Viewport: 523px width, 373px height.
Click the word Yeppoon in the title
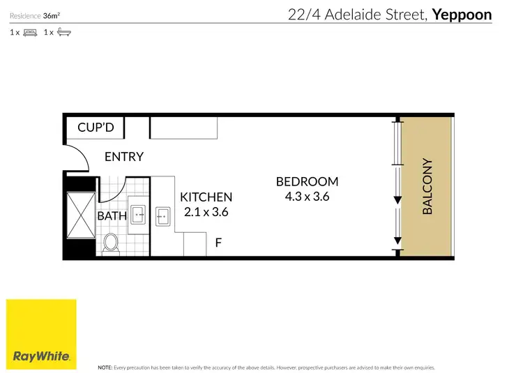click(462, 15)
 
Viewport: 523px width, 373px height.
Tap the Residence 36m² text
click(34, 15)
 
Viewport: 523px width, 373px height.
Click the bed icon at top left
click(30, 32)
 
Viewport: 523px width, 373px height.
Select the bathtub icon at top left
click(63, 32)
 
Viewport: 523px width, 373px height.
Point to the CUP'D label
click(100, 128)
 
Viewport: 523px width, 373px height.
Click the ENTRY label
click(123, 157)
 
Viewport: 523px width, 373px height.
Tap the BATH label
click(112, 216)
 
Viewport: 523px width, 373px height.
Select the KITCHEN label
click(206, 197)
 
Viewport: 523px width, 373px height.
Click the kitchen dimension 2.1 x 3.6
click(206, 212)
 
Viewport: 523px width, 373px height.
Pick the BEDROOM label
click(307, 181)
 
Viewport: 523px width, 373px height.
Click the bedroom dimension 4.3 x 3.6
click(307, 197)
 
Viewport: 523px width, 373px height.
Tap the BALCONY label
click(427, 186)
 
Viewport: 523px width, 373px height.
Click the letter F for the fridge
click(218, 243)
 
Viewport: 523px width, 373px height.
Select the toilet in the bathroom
click(110, 243)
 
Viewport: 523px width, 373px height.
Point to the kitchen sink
click(164, 216)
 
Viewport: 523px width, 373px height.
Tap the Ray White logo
click(41, 335)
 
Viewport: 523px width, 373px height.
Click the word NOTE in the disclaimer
click(105, 366)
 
